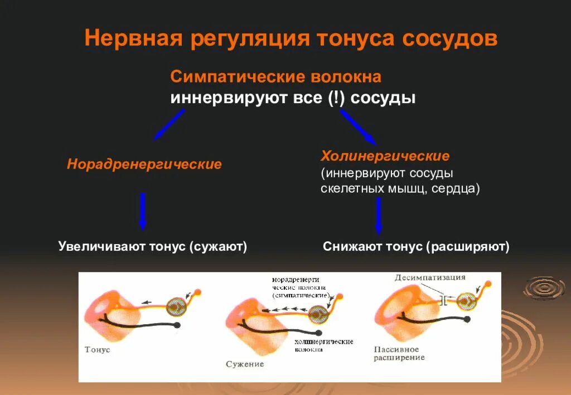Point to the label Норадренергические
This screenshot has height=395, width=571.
coord(144,164)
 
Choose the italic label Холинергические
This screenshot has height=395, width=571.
coord(385,155)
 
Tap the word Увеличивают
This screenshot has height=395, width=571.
coord(101,246)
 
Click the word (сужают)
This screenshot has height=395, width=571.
coord(218,246)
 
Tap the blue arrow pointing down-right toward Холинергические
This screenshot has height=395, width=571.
coord(358,127)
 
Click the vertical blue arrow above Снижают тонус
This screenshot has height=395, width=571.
coord(379,215)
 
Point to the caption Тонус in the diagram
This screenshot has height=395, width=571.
coord(98,349)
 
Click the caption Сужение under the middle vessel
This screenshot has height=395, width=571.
coord(245,364)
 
